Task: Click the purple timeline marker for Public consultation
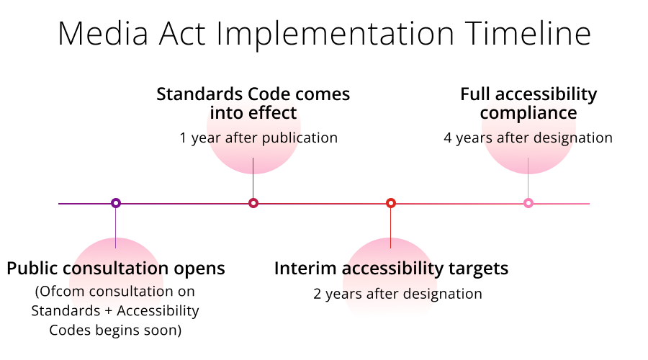[x=116, y=203]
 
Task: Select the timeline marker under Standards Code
[x=253, y=203]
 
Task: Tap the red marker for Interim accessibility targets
[x=391, y=203]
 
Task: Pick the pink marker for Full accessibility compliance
[x=528, y=203]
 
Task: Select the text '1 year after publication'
[x=258, y=138]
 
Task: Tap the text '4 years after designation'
[x=528, y=138]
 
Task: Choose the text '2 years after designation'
[x=397, y=293]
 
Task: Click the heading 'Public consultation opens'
[x=116, y=269]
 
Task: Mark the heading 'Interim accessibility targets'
[x=391, y=269]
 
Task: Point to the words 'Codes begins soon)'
[x=116, y=330]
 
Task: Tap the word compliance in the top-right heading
[x=528, y=113]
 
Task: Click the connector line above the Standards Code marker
[x=253, y=177]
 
